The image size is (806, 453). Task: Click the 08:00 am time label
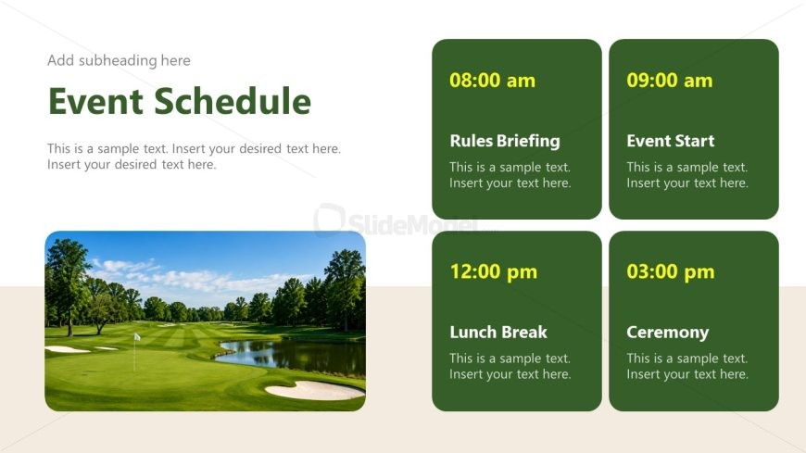tap(492, 81)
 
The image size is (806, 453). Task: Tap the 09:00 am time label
tap(669, 81)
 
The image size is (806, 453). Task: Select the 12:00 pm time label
tap(494, 272)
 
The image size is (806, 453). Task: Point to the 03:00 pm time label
tap(671, 272)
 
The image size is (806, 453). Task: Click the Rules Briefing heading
tap(505, 141)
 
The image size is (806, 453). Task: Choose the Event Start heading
tap(671, 141)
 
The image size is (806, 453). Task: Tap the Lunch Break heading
tap(498, 333)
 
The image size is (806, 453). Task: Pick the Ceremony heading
tap(667, 333)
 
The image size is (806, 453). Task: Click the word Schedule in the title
tap(233, 101)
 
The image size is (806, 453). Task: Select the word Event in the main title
tap(95, 101)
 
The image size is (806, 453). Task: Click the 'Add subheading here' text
tap(119, 60)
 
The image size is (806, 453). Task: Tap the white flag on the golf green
tap(137, 337)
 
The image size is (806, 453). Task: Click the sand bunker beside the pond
tap(315, 391)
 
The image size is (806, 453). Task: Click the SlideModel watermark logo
tap(396, 221)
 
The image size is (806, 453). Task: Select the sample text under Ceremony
tap(686, 366)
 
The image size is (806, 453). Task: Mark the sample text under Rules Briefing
tap(510, 175)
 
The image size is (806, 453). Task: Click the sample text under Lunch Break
tap(510, 366)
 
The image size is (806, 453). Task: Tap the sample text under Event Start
tap(686, 175)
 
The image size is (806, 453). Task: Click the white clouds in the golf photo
tap(195, 278)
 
